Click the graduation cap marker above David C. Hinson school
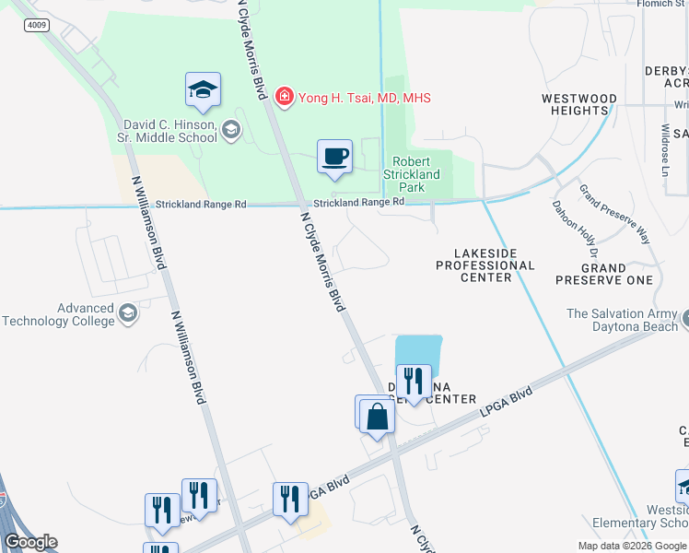click(x=203, y=90)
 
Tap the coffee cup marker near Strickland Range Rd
click(x=334, y=156)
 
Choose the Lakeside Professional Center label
click(x=485, y=265)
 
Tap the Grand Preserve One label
click(x=603, y=273)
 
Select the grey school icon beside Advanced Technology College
click(x=128, y=314)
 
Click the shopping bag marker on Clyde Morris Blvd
click(x=378, y=416)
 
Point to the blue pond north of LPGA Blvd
click(x=419, y=350)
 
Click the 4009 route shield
click(x=37, y=25)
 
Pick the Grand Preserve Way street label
click(x=613, y=214)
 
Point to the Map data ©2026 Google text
click(x=631, y=546)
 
